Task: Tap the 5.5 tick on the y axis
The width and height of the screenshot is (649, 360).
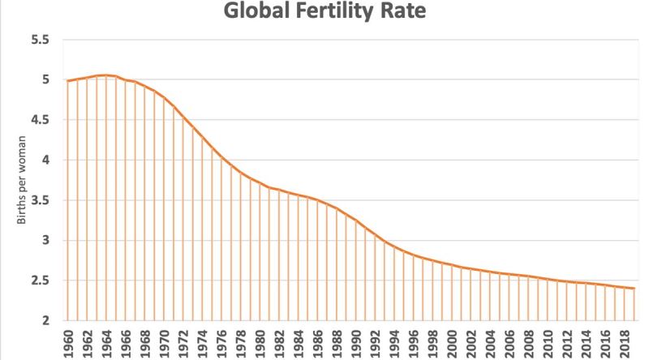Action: click(x=39, y=40)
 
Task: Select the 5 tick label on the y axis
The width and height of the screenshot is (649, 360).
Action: click(x=45, y=80)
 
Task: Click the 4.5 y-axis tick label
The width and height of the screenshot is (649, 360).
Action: click(x=39, y=120)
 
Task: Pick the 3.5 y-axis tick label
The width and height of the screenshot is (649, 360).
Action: click(x=39, y=200)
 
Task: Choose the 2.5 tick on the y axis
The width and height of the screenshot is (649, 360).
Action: click(x=39, y=281)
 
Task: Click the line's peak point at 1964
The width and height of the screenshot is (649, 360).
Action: click(x=107, y=75)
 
